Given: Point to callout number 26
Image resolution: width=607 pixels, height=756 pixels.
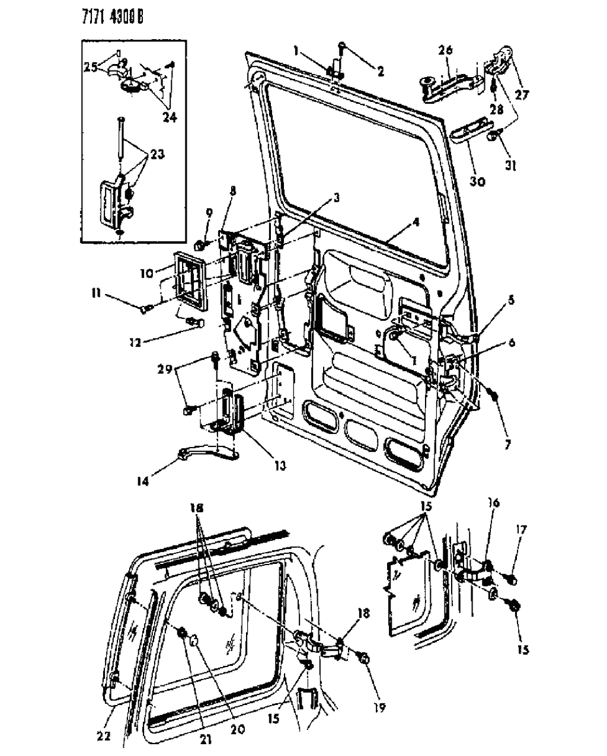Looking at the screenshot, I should pyautogui.click(x=445, y=52).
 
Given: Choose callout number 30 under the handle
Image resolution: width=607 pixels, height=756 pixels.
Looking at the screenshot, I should pyautogui.click(x=477, y=181).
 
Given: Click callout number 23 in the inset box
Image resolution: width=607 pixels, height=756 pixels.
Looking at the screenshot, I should pyautogui.click(x=157, y=154).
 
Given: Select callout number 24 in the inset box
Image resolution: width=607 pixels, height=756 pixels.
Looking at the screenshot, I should pyautogui.click(x=169, y=117).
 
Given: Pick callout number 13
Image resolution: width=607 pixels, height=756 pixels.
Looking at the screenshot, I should pyautogui.click(x=279, y=466).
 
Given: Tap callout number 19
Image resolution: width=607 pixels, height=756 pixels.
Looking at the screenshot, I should pyautogui.click(x=379, y=707).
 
